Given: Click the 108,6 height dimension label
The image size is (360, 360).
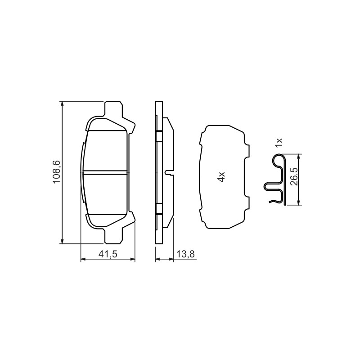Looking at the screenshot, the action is [x=57, y=172].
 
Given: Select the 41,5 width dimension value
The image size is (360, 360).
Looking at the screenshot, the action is [x=108, y=254].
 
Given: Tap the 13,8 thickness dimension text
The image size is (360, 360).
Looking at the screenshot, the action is [x=186, y=254].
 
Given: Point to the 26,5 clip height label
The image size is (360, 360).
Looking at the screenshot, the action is [x=294, y=177].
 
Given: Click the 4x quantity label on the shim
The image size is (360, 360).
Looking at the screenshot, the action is [x=221, y=176].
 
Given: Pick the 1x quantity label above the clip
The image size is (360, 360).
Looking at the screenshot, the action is [x=279, y=143].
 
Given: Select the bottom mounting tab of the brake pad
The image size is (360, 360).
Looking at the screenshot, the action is [x=113, y=236].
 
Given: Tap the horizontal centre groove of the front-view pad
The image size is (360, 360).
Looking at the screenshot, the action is [x=105, y=172].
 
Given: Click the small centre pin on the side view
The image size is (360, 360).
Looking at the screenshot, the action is [x=170, y=172].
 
